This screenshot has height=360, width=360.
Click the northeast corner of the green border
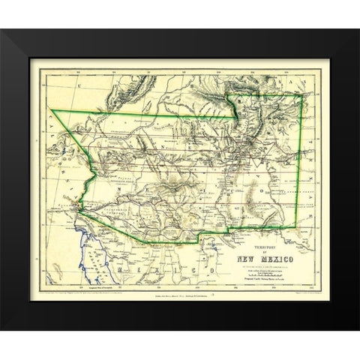coord(302,94)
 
